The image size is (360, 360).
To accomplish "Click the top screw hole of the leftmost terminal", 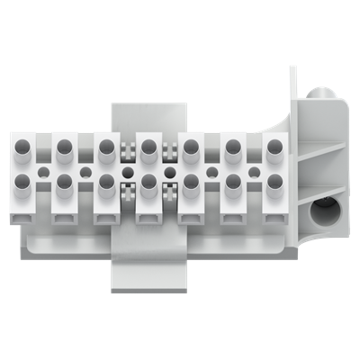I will (22, 145).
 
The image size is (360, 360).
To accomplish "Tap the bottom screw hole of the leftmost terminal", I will (22, 183).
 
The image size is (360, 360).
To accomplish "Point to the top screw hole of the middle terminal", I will (149, 145).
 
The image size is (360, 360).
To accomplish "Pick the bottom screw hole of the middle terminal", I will (149, 183).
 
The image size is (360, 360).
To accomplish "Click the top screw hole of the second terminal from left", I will (65, 145).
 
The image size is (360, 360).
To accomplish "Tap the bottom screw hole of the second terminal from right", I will (234, 183).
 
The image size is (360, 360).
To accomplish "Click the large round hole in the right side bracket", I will (321, 213).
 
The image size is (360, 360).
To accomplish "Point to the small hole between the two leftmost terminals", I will (43, 169).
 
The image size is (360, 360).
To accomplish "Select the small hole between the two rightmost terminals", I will (255, 169).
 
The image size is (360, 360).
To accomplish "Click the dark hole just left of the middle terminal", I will (128, 169).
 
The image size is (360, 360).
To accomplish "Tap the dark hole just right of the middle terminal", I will (170, 169).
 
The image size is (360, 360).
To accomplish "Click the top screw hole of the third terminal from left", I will (107, 145).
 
